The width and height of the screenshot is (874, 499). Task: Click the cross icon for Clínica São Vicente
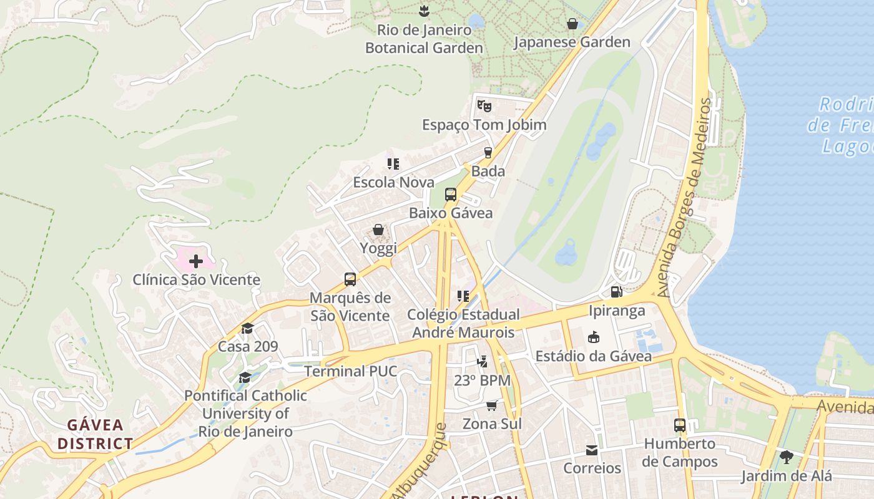pyautogui.click(x=195, y=261)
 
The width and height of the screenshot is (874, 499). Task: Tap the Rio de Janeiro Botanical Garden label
pyautogui.click(x=424, y=39)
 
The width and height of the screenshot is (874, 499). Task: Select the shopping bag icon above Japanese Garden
pyautogui.click(x=572, y=24)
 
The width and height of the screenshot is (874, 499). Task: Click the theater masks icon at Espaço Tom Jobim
pyautogui.click(x=484, y=105)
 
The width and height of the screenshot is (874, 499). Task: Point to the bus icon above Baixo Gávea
pyautogui.click(x=450, y=195)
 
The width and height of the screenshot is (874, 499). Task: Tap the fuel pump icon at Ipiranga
pyautogui.click(x=616, y=292)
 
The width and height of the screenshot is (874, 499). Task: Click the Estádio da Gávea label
pyautogui.click(x=594, y=356)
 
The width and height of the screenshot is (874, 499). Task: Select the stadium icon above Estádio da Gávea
pyautogui.click(x=593, y=337)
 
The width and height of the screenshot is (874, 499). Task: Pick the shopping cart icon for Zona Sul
pyautogui.click(x=491, y=405)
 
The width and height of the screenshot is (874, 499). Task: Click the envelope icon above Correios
pyautogui.click(x=592, y=450)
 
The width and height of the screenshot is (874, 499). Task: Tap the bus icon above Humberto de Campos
pyautogui.click(x=680, y=425)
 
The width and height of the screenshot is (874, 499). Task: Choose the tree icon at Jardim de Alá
pyautogui.click(x=786, y=457)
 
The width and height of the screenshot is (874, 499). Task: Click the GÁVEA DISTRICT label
pyautogui.click(x=96, y=434)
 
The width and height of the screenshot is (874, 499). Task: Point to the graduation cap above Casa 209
pyautogui.click(x=248, y=328)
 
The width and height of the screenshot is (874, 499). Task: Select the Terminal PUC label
pyautogui.click(x=350, y=371)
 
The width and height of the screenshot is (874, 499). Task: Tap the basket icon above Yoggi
pyautogui.click(x=378, y=230)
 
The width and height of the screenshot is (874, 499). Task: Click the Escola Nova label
pyautogui.click(x=393, y=182)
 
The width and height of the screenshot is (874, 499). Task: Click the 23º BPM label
pyautogui.click(x=482, y=380)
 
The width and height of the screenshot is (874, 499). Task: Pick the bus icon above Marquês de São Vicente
pyautogui.click(x=350, y=279)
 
